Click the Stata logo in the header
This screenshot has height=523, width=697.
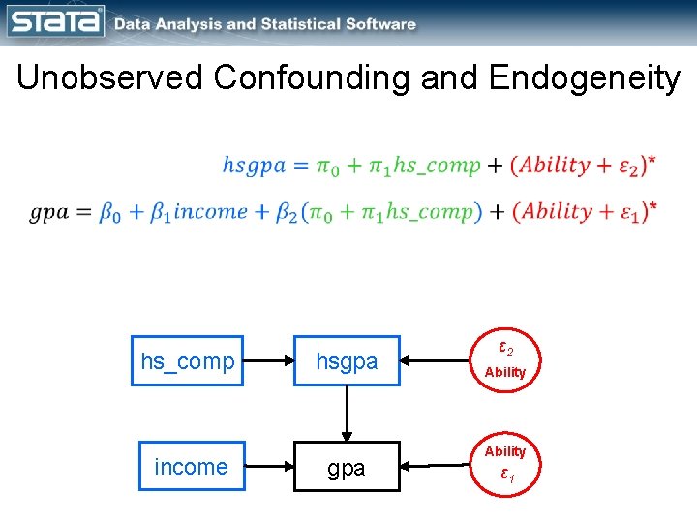[55, 21]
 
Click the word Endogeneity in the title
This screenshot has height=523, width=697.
[585, 78]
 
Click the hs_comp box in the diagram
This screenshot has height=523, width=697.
[187, 361]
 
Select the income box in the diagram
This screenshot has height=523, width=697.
[191, 467]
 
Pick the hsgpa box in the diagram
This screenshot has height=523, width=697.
[347, 361]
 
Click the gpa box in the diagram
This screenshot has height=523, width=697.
[347, 468]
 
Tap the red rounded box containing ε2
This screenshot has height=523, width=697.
[504, 359]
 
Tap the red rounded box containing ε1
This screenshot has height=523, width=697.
[504, 464]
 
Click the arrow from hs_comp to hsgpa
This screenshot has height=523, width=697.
[268, 361]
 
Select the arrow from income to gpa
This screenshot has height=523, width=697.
[270, 467]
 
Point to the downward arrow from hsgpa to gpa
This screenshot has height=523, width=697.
[347, 415]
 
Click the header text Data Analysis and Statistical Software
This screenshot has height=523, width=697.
[264, 24]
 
